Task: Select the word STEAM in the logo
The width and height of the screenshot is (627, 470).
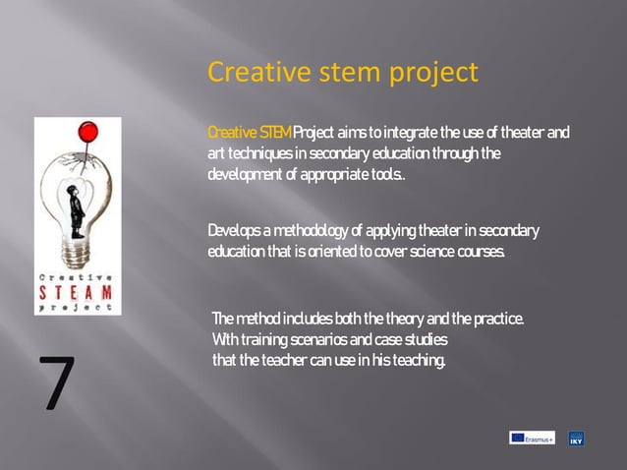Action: (78, 292)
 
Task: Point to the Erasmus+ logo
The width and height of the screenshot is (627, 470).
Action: (532, 438)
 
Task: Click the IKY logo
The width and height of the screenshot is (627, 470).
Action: (577, 439)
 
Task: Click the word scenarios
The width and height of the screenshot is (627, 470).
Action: (318, 340)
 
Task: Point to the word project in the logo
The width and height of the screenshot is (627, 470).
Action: (78, 307)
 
